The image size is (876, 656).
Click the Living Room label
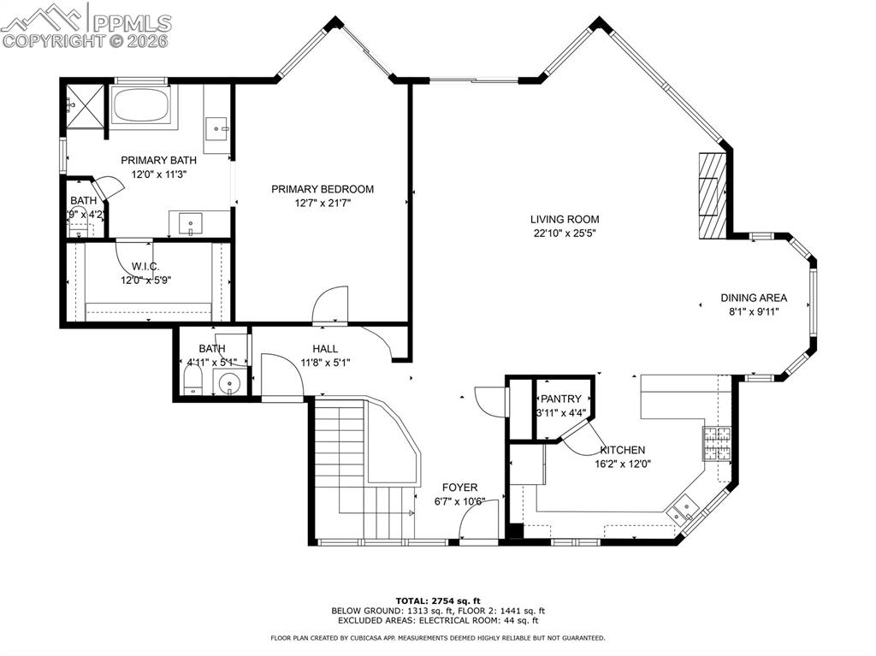[564, 219]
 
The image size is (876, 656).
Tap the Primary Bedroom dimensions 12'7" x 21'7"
[323, 204]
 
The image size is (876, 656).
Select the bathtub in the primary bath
[143, 106]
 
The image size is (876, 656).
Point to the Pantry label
[560, 399]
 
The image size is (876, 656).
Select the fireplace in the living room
[711, 196]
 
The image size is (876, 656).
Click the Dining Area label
[753, 298]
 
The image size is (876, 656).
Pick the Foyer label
[459, 488]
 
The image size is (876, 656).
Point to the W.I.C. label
[145, 267]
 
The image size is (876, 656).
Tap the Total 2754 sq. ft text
[437, 600]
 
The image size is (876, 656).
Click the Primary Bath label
[158, 160]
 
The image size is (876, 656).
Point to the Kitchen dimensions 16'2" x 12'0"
[623, 464]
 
